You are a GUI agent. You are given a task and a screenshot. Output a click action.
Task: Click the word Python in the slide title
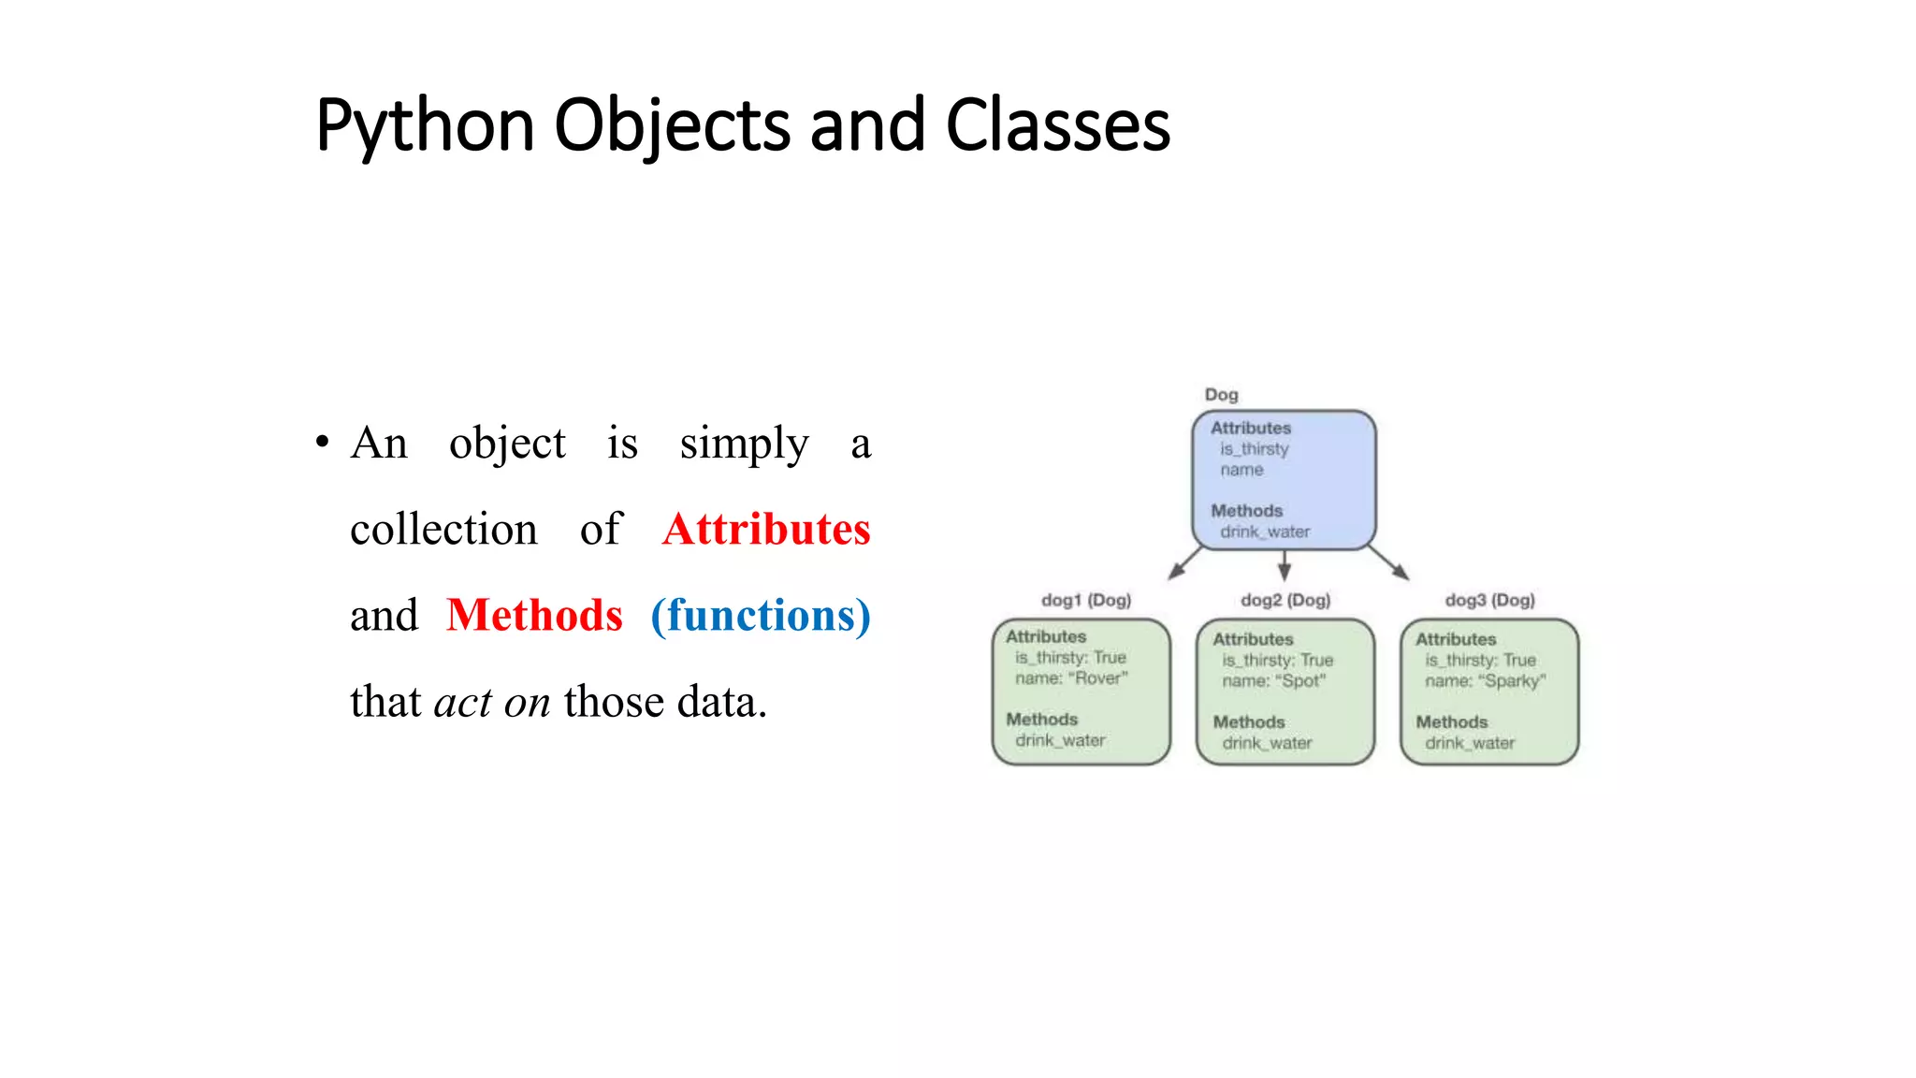tap(426, 126)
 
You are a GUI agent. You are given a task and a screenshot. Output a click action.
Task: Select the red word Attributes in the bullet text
tap(766, 530)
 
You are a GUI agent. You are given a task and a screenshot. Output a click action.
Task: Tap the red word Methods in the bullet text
tap(534, 616)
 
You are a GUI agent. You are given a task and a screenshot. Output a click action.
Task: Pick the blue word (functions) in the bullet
tap(761, 616)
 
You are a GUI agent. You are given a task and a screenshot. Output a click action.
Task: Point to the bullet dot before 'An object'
tap(322, 442)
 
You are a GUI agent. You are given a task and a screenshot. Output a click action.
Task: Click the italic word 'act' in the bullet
tap(463, 703)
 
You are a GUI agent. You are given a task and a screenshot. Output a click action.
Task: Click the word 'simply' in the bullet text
tap(744, 444)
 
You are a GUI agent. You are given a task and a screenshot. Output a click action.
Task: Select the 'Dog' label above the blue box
tap(1221, 395)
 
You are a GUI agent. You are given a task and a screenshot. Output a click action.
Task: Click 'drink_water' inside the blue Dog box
tap(1265, 532)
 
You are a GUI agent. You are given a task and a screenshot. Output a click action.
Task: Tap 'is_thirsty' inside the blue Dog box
tap(1254, 449)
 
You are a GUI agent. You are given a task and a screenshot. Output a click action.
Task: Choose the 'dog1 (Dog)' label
tap(1086, 600)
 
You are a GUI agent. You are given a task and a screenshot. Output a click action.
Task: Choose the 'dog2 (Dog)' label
tap(1285, 600)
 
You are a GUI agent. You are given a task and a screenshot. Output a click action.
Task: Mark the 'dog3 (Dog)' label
tap(1489, 600)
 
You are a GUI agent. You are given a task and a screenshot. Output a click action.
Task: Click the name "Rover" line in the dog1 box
tap(1071, 678)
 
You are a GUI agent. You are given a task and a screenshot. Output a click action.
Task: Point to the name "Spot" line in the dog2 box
tap(1273, 681)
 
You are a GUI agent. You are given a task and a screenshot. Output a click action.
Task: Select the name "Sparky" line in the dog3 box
tap(1485, 681)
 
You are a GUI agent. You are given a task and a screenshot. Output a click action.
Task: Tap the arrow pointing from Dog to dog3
tap(1389, 563)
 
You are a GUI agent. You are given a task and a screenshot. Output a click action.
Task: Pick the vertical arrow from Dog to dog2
tap(1285, 565)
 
